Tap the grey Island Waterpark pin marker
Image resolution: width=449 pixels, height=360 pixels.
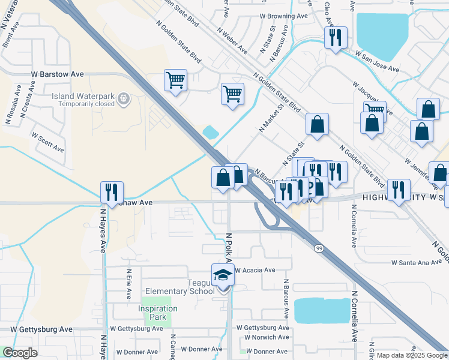coord(124,98)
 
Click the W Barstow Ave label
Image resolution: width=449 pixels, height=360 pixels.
coord(58,74)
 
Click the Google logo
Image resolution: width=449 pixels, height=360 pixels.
coord(20,353)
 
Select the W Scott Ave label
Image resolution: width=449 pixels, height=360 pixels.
coord(47,142)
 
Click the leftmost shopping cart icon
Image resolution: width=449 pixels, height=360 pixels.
coord(175,79)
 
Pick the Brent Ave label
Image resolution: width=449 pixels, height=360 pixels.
coord(11,35)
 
